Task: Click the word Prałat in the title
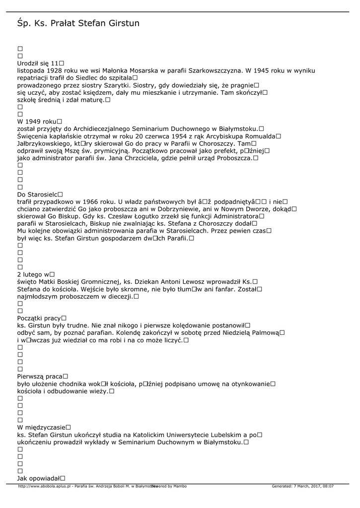coord(63,23)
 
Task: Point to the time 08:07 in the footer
coord(327,486)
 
